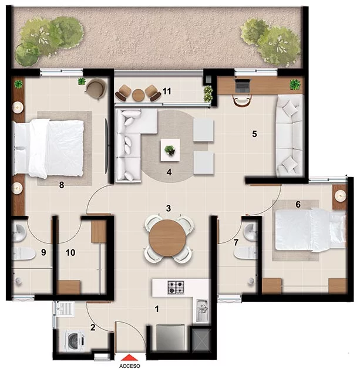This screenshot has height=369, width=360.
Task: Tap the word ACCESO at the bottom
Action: [130, 365]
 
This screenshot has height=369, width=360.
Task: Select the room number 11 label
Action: [167, 92]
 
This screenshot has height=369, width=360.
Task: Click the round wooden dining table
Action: [167, 238]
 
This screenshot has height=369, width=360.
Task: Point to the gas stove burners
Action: [176, 287]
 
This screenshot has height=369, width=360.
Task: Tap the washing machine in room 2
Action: [75, 340]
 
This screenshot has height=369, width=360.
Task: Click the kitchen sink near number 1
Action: [203, 311]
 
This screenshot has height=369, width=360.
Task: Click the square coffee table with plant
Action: [170, 150]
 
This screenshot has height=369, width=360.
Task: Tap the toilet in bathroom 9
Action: [23, 253]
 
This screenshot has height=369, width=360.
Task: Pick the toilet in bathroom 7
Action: [245, 253]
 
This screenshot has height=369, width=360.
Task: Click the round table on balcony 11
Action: [138, 95]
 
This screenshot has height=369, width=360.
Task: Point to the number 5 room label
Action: [254, 134]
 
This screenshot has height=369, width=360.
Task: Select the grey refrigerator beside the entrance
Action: [170, 338]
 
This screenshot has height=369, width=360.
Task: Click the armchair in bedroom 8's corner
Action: [96, 89]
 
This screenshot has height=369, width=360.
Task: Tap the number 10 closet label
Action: [70, 252]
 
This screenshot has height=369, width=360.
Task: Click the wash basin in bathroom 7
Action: [250, 232]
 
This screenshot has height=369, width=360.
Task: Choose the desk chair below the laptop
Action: [242, 100]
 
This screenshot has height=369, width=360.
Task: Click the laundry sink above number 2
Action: [65, 309]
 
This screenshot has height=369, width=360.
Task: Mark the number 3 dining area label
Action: [168, 208]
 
